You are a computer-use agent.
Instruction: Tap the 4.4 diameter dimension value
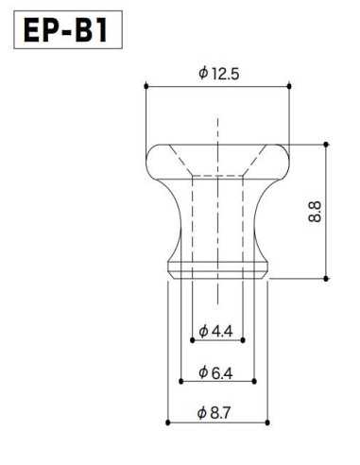(223, 331)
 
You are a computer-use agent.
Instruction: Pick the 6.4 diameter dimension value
(223, 371)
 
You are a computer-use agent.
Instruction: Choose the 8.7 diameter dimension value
(223, 412)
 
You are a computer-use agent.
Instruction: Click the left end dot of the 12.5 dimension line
(146, 86)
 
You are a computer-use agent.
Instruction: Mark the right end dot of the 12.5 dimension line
(289, 86)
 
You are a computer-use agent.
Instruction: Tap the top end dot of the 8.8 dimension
(326, 144)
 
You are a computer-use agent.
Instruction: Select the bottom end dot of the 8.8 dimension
(326, 279)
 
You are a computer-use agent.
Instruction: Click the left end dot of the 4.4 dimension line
(192, 341)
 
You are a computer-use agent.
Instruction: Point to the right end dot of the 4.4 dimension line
(243, 341)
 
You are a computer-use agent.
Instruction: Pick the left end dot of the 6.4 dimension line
(180, 382)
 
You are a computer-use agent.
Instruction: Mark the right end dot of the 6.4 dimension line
(255, 382)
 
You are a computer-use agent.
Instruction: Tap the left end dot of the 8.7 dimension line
(167, 422)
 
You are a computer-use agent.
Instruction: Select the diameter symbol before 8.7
(203, 412)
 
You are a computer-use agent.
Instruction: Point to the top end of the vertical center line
(217, 119)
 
